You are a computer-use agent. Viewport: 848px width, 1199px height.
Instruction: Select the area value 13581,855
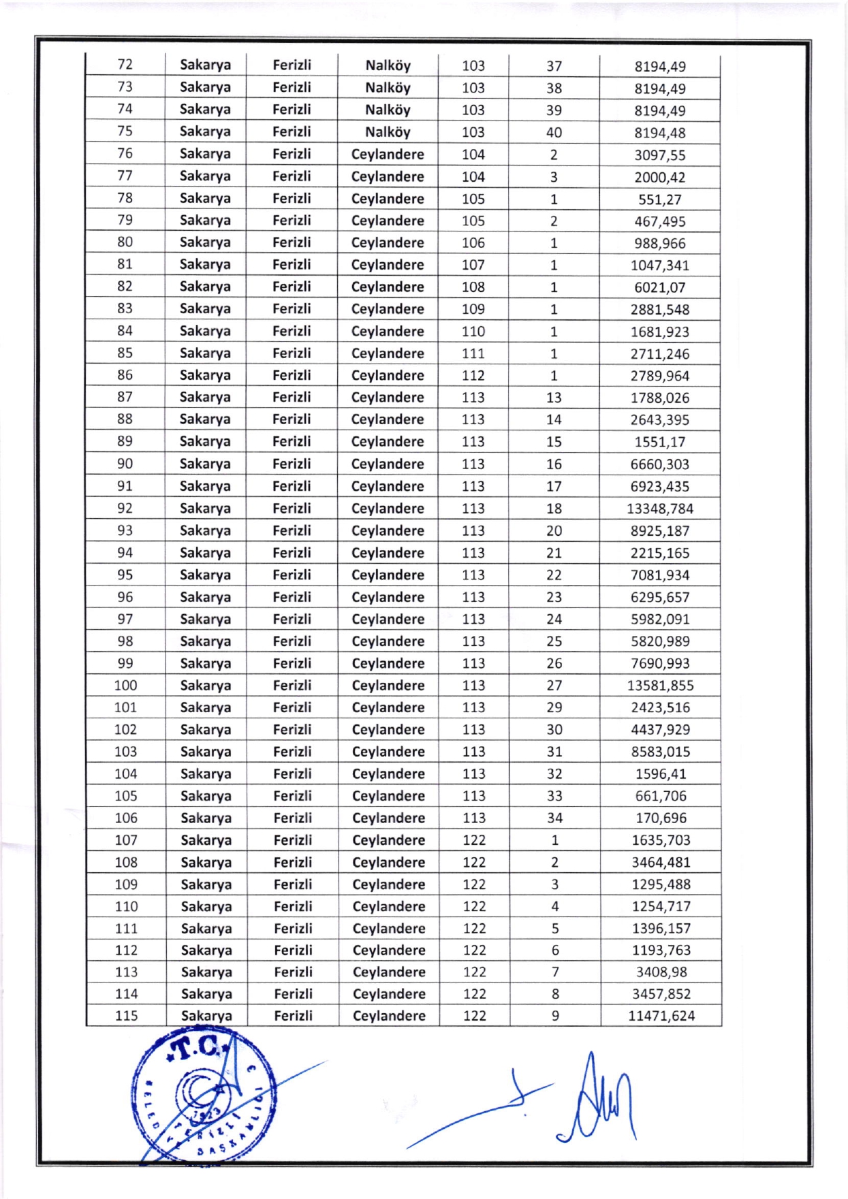pos(660,686)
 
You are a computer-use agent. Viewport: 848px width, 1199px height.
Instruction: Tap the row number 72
pos(125,65)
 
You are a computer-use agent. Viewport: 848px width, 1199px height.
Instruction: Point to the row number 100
pos(125,686)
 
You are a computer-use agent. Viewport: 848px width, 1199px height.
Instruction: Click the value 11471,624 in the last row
pos(661,1016)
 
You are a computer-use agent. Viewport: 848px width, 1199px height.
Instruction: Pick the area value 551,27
pos(659,199)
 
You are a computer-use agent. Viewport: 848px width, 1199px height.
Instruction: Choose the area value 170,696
pos(660,818)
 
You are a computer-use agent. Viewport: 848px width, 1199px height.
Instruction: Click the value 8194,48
pos(659,133)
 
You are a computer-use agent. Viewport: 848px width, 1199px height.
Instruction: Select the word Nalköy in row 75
pos(388,132)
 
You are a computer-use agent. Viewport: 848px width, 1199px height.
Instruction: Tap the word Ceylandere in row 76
pos(388,155)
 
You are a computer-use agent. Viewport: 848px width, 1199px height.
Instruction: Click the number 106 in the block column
pos(473,243)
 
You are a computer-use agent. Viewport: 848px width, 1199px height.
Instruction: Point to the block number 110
pos(473,332)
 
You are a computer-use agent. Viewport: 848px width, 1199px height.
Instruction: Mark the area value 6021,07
pos(659,287)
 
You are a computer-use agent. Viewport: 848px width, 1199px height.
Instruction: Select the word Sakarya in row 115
pos(206,1016)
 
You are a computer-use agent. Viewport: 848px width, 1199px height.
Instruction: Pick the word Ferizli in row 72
pos(292,65)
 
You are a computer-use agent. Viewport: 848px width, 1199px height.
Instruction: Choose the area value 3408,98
pos(661,972)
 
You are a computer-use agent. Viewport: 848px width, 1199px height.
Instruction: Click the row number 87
pos(125,397)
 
